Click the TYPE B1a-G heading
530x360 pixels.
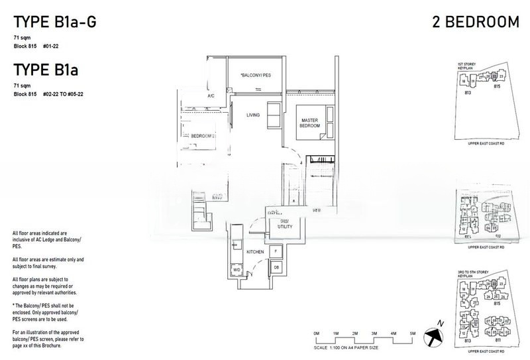[54, 23]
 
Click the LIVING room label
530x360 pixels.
[252, 115]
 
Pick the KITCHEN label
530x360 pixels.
[255, 252]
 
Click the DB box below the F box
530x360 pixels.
[276, 267]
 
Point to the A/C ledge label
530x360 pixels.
[211, 97]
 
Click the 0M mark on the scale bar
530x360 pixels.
[315, 332]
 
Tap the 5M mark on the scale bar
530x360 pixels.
[412, 332]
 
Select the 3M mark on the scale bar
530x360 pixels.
[374, 332]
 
